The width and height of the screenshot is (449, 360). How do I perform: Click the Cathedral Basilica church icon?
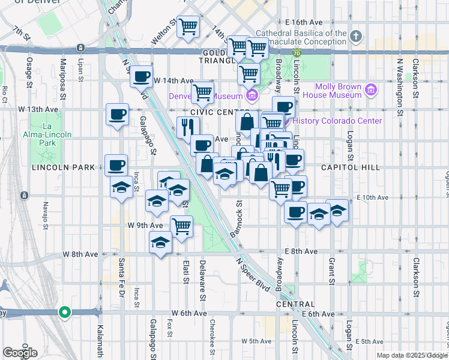356,37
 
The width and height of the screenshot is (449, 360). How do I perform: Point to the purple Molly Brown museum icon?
372,91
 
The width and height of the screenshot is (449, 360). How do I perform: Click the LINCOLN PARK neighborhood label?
58,167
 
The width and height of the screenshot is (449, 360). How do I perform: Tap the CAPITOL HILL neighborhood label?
351,167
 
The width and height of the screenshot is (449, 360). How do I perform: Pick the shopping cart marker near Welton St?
188,26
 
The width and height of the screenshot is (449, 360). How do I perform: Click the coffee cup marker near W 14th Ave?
142,77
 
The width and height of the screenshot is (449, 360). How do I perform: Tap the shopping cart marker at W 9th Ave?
181,227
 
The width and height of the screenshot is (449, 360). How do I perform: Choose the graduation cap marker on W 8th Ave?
160,243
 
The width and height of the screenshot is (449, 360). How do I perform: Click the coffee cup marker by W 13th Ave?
117,113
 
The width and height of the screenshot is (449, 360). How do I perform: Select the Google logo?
20,352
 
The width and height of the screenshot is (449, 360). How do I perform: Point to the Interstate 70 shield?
297,53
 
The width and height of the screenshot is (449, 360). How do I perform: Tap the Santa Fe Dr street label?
121,275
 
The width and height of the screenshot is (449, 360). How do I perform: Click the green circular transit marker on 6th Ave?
65,312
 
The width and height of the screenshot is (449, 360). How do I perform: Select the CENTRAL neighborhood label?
296,304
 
